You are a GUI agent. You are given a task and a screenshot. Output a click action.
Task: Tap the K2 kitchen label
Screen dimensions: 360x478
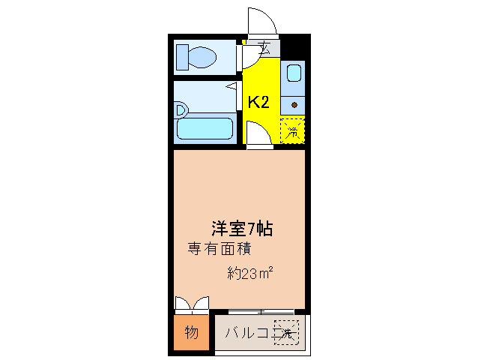pos(258,103)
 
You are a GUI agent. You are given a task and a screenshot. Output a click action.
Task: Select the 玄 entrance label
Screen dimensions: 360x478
pos(266,49)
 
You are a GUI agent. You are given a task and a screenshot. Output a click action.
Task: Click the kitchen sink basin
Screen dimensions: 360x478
pos(294,73)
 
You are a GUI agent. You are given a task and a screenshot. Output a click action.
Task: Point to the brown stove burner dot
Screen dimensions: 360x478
pos(294,104)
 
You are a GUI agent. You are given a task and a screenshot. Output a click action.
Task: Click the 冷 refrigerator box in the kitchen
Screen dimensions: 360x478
pos(293,131)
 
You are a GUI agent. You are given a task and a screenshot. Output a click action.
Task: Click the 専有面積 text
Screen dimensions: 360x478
pos(218,247)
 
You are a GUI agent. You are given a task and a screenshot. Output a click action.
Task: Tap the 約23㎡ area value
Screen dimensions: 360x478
pos(249,273)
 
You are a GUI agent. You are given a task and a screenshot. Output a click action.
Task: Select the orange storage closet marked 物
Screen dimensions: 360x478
pos(191,332)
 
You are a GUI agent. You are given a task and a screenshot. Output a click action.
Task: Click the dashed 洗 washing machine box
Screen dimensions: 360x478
pos(287,331)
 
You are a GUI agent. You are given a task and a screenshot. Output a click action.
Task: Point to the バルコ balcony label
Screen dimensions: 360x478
pos(246,331)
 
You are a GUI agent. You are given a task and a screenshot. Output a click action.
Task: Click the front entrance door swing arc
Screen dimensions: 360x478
pos(264,21)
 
